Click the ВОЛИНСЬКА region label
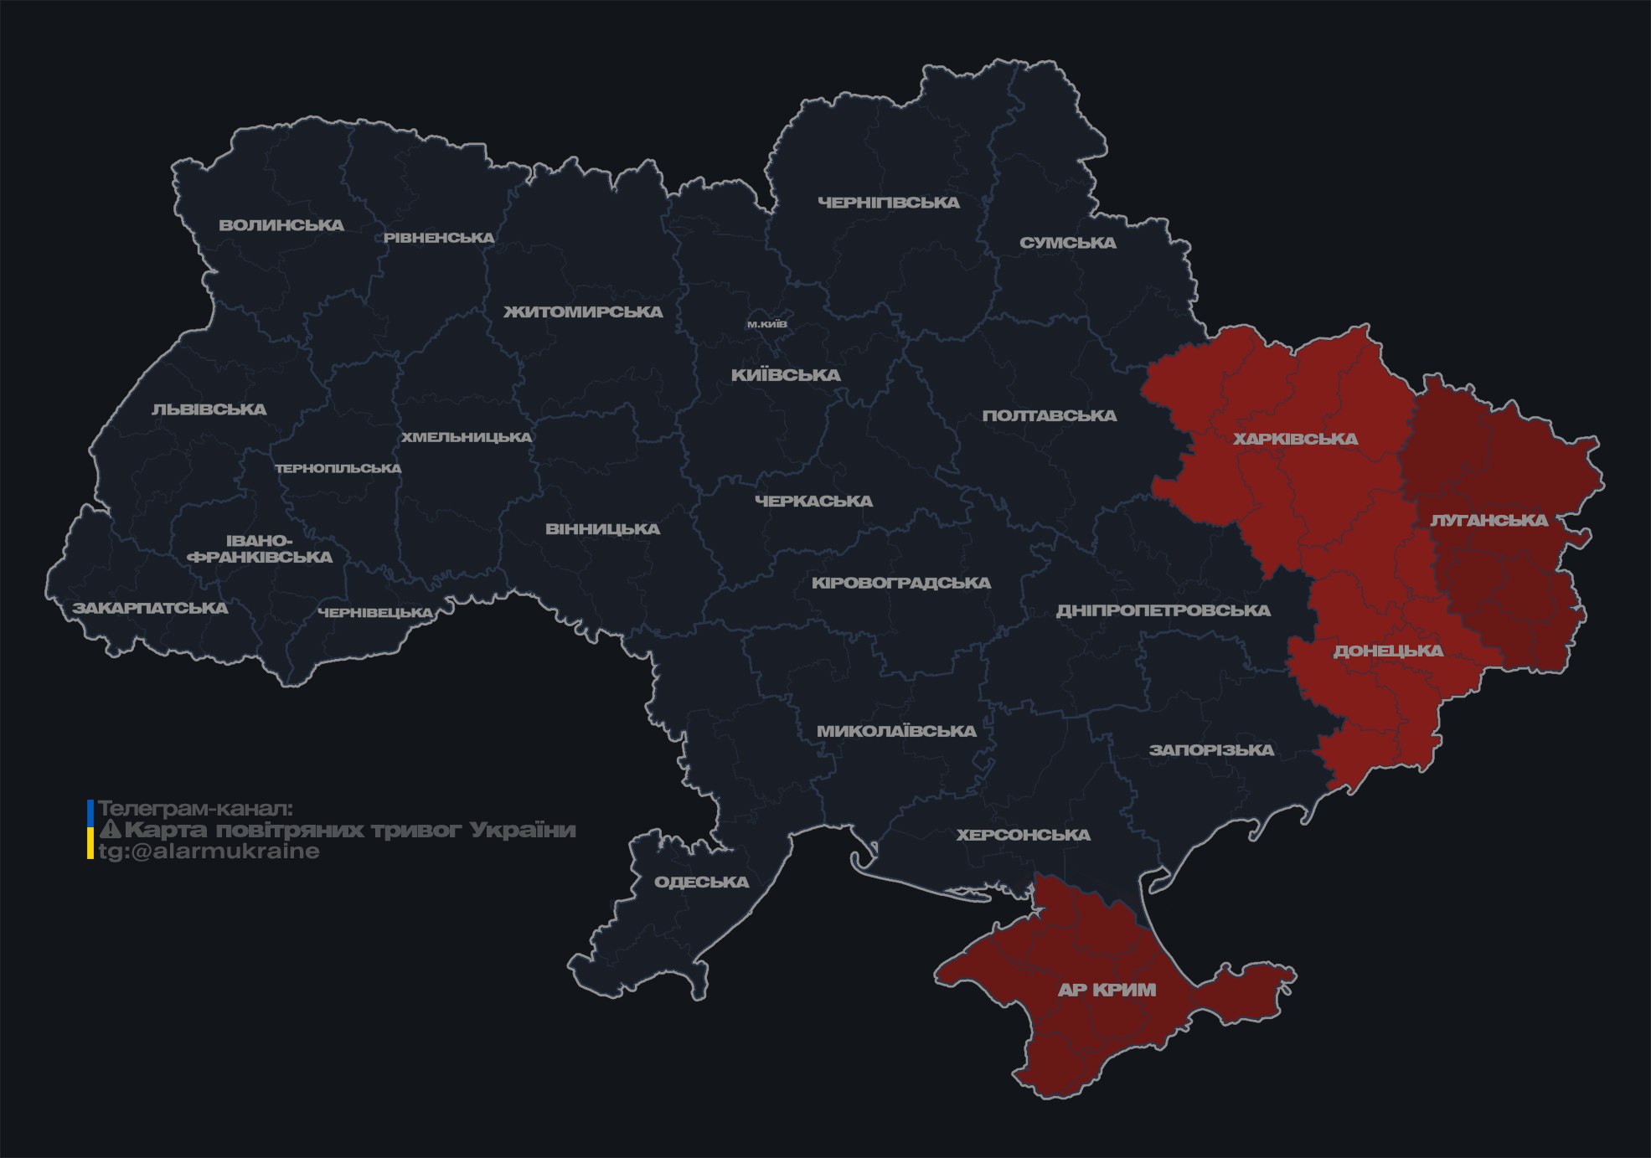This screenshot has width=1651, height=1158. click(281, 225)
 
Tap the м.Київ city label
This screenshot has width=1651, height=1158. click(767, 324)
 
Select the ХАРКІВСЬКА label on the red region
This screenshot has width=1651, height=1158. click(1295, 439)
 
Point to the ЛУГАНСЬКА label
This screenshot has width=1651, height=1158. click(1488, 520)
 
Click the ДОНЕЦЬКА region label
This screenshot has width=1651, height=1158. click(1388, 651)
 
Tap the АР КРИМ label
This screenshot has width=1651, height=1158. click(1107, 990)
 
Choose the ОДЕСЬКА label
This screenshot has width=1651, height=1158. click(701, 882)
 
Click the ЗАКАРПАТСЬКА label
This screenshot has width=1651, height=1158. click(150, 608)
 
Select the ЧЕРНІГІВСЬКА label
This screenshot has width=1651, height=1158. click(889, 203)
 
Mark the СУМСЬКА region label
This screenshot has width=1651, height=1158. click(1068, 243)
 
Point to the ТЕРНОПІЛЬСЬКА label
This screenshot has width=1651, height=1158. click(338, 468)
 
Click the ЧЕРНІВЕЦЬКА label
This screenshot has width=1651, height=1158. click(375, 613)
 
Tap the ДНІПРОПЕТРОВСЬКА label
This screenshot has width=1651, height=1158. click(1163, 610)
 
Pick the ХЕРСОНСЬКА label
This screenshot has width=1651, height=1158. click(1024, 835)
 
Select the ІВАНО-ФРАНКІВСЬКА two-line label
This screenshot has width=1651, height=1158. click(260, 549)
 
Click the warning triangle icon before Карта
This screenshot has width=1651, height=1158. click(110, 830)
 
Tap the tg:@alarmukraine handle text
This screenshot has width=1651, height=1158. click(209, 852)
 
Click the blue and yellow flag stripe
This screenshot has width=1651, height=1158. click(90, 830)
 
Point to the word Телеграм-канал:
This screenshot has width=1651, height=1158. click(195, 809)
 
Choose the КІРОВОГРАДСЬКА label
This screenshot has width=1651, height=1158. click(900, 583)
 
